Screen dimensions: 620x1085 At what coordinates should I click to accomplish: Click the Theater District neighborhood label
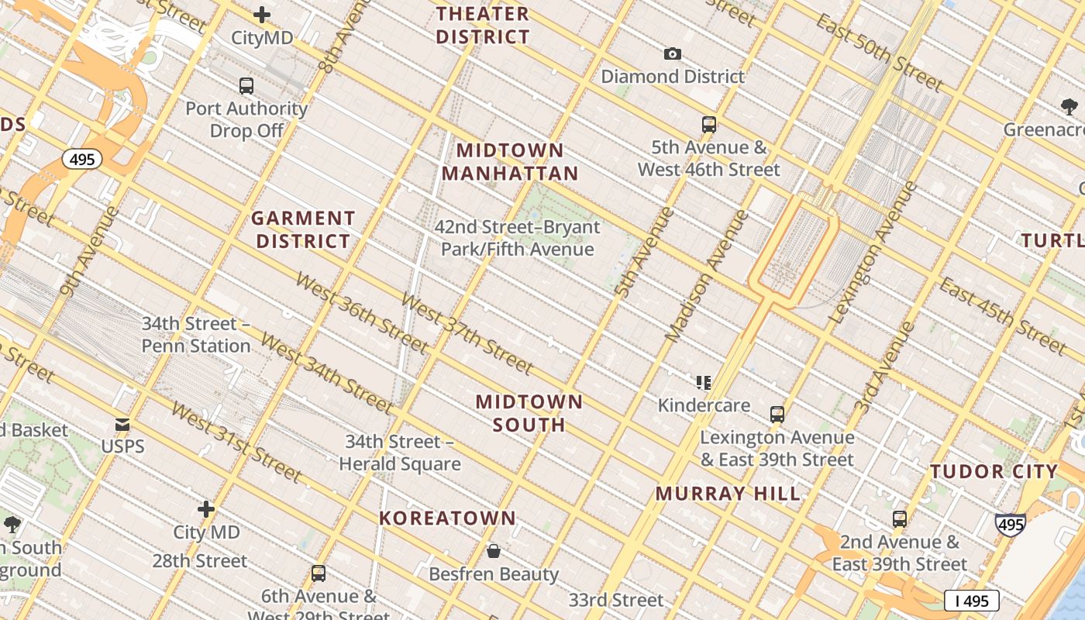(482, 25)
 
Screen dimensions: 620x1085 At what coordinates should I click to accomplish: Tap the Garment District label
(303, 229)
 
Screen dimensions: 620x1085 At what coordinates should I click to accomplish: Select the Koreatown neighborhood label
(447, 518)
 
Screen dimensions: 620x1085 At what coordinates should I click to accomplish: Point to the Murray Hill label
(728, 494)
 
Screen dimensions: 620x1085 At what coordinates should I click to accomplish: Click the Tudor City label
(994, 471)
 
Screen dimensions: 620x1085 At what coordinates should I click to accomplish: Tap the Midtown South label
(529, 413)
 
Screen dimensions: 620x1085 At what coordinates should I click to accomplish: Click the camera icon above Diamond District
(672, 53)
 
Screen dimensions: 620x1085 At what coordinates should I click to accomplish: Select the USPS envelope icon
(122, 425)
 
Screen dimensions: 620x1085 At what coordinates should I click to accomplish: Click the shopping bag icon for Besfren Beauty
(494, 551)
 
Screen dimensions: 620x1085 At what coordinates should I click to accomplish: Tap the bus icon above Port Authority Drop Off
(246, 86)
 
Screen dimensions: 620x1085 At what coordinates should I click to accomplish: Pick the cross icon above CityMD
(262, 15)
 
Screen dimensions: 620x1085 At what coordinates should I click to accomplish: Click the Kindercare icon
(704, 382)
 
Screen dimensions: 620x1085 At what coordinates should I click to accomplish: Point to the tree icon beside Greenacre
(1069, 107)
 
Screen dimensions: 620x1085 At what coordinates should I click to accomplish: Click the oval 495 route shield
(81, 160)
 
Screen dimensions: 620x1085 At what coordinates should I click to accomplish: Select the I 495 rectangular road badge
(971, 600)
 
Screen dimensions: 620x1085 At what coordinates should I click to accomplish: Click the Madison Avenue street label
(708, 275)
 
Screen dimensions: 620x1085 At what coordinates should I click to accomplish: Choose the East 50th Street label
(880, 51)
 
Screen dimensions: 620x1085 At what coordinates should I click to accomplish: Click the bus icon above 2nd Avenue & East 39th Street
(899, 518)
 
